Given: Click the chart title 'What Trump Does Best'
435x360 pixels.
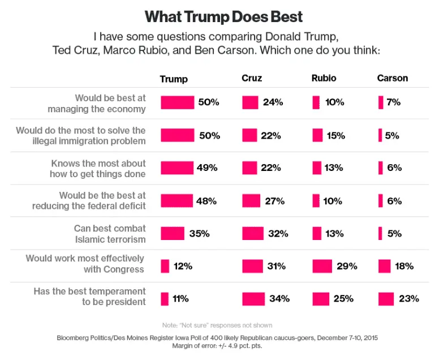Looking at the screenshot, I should (217, 16).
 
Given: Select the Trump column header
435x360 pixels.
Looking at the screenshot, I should (174, 79).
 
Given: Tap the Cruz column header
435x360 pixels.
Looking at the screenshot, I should (252, 78).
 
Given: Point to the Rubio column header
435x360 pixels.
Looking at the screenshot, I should (324, 78).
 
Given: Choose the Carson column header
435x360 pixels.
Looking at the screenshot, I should (393, 78).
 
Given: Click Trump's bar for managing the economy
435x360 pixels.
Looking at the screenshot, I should (177, 102).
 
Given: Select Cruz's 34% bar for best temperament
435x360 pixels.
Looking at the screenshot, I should (253, 298).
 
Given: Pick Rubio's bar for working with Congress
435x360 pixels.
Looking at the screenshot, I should (322, 266).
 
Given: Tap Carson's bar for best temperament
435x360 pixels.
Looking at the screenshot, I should (386, 298).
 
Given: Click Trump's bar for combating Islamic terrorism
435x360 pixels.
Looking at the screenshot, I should (173, 233).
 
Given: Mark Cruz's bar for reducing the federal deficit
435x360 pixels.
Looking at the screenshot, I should (251, 200).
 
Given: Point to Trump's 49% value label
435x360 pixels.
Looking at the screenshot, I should (208, 168).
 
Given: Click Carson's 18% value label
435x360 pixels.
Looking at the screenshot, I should (404, 266).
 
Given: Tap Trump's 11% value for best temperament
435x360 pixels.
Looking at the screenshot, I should (181, 298).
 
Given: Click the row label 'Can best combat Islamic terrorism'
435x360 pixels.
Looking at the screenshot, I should (110, 233).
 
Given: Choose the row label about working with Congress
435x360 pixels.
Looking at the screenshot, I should (85, 264).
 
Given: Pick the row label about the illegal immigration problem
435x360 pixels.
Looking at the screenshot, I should (81, 135).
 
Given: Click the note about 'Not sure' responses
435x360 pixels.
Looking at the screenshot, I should (217, 325).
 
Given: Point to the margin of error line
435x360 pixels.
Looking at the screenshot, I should (217, 345).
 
